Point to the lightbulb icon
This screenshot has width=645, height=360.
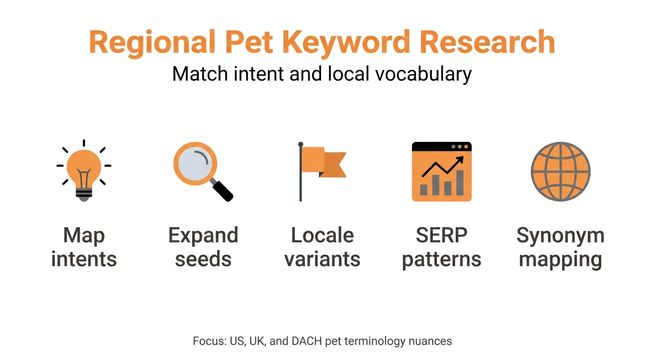pos(84,170)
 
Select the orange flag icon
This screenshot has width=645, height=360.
pos(323,162)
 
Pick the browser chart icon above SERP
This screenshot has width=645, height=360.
pos(442,172)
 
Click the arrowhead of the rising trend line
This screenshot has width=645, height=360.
pos(461,159)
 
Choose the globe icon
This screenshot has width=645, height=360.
pos(560,172)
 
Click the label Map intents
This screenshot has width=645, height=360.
pos(84,247)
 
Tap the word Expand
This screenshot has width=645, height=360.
pos(203,235)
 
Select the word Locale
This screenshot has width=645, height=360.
pos(322,235)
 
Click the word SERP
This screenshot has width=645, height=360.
pos(442,235)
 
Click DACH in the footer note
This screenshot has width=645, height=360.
pos(305,341)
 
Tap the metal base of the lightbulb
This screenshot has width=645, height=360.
pos(84,194)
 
